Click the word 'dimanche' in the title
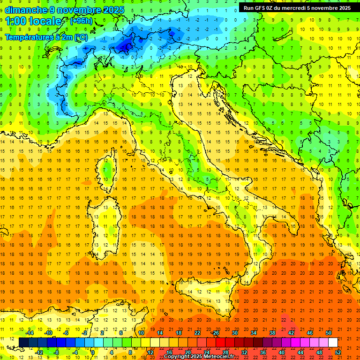(x=25, y=10)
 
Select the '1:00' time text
(x=16, y=21)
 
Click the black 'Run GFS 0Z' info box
(x=297, y=8)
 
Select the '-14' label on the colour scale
(x=30, y=333)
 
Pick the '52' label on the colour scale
(x=338, y=352)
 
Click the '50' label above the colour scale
(x=329, y=333)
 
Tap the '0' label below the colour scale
(x=93, y=352)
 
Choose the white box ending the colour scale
(x=333, y=342)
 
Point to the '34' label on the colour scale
(x=254, y=333)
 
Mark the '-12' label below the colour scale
(x=39, y=352)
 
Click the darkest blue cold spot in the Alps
(x=126, y=46)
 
